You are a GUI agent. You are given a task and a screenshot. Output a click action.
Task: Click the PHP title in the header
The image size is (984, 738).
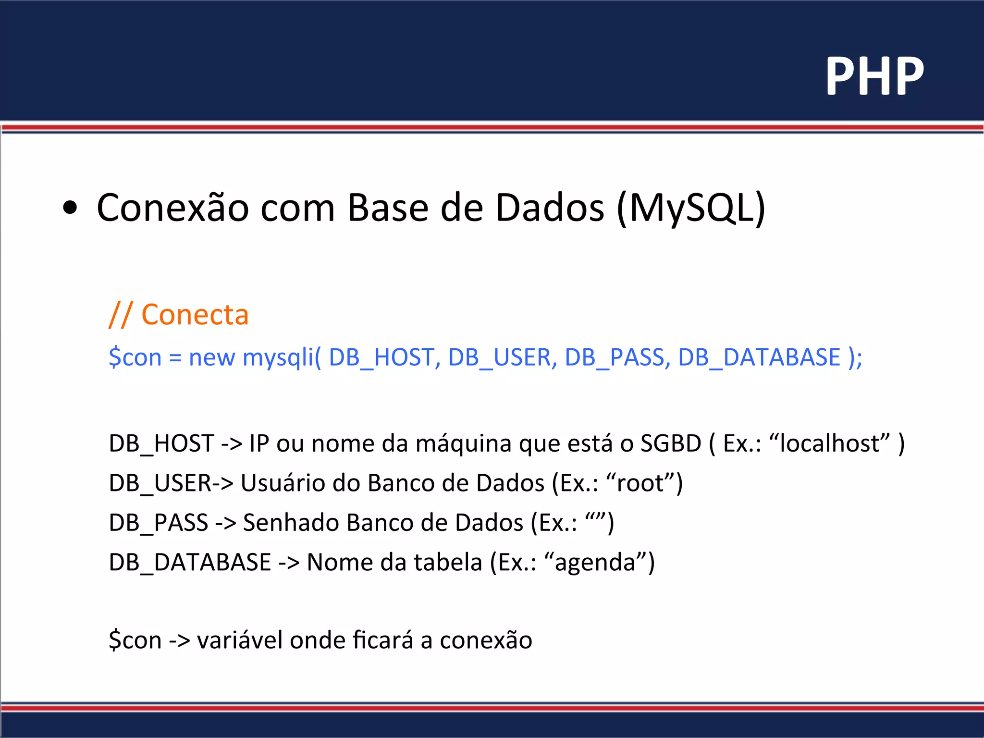tap(874, 76)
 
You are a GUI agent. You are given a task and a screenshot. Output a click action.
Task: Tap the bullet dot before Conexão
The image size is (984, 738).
tap(70, 208)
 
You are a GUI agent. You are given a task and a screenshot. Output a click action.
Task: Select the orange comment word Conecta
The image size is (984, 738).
tap(195, 315)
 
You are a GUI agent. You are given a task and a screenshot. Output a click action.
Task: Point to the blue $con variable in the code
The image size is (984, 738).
tap(135, 358)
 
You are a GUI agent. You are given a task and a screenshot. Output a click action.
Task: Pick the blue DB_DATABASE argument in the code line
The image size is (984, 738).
tap(759, 358)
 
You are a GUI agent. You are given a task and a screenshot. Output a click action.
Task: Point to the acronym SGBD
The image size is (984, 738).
tap(671, 443)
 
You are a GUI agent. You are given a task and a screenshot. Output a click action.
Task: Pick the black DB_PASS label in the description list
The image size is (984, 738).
tap(159, 523)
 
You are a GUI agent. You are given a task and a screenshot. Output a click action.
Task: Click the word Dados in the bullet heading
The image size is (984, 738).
tap(550, 209)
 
